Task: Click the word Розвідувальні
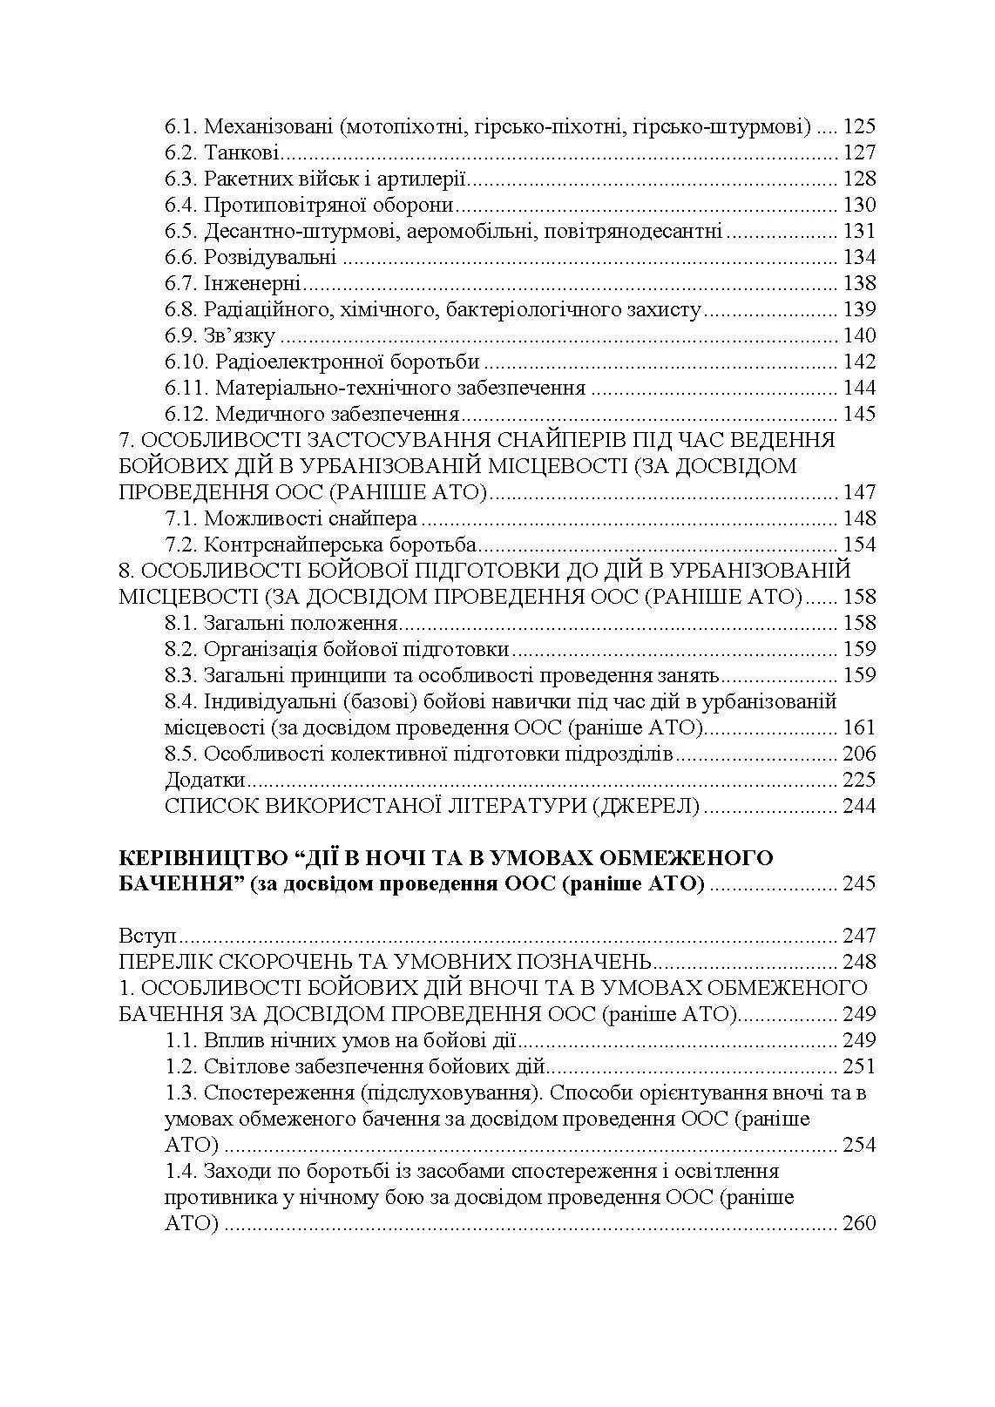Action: coord(270,258)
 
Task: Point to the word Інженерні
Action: coord(253,284)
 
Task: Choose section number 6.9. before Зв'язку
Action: coord(181,336)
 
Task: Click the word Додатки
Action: coord(205,780)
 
